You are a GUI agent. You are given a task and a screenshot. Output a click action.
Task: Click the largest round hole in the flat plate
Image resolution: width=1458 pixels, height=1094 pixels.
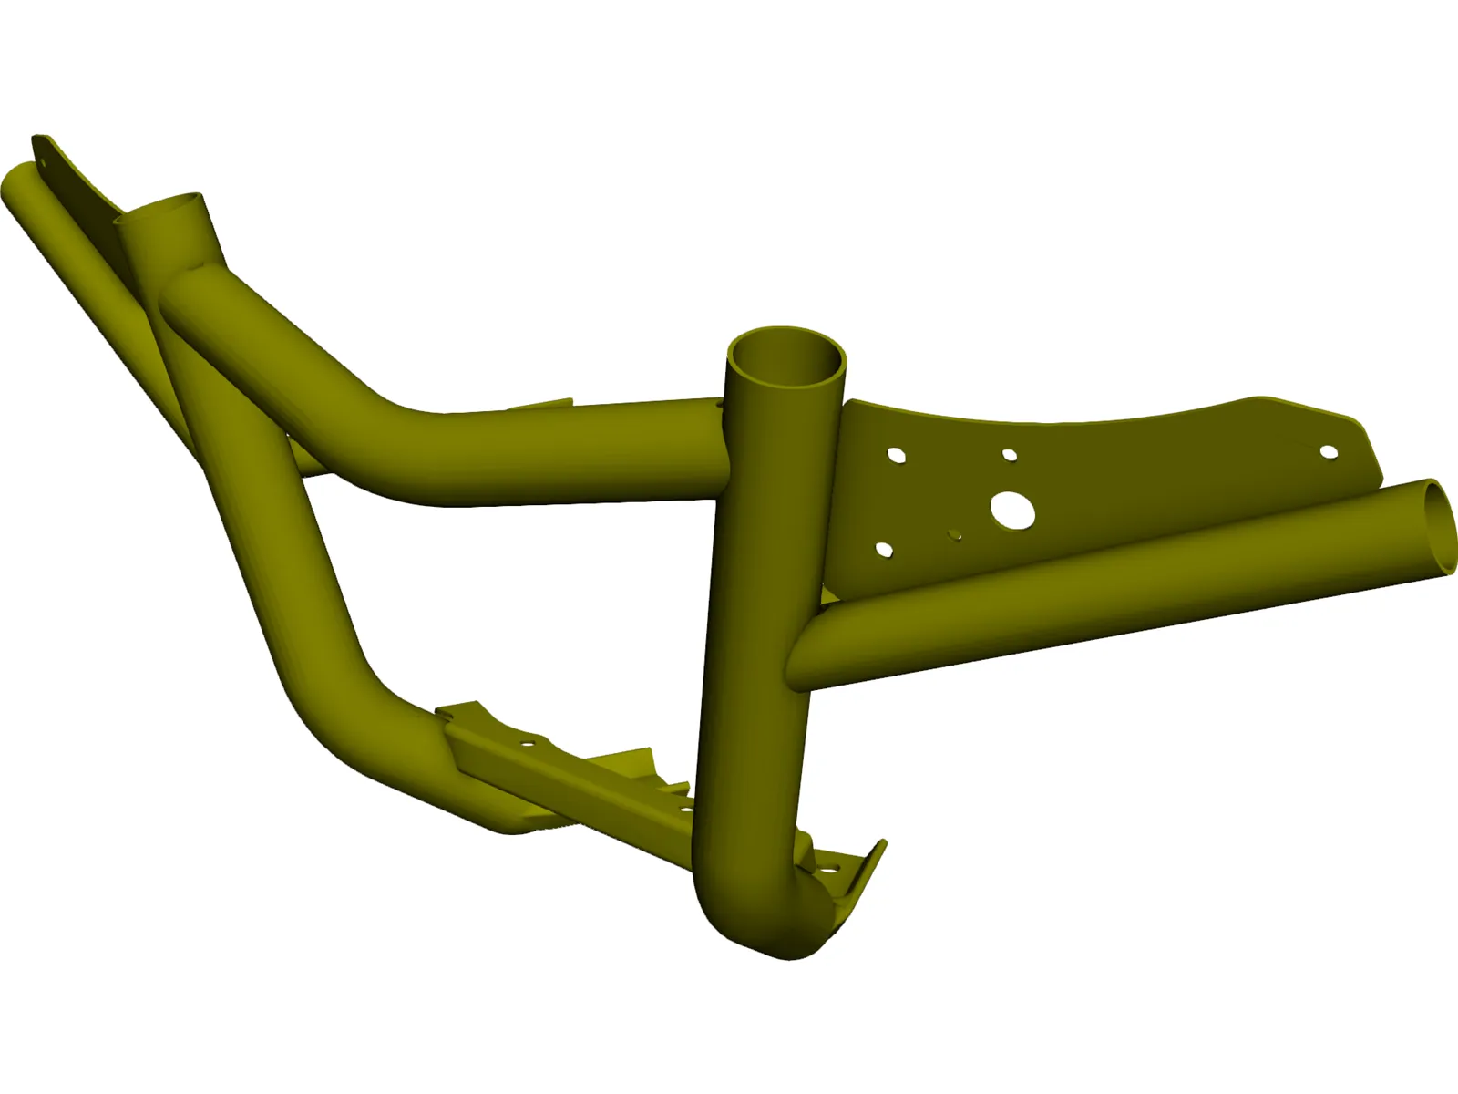(x=1013, y=511)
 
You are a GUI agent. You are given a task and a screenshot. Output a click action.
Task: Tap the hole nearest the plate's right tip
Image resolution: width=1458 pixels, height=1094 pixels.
(x=1329, y=451)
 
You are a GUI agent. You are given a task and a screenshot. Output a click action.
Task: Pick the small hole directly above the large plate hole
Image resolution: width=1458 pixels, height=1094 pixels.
(x=1009, y=454)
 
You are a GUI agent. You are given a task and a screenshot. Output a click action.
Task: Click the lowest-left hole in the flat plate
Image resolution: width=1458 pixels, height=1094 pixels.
(x=883, y=549)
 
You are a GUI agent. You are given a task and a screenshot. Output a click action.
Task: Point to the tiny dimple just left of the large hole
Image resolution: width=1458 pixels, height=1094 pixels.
(x=954, y=534)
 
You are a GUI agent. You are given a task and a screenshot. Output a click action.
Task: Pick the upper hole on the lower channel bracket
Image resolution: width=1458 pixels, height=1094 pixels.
(x=526, y=744)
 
